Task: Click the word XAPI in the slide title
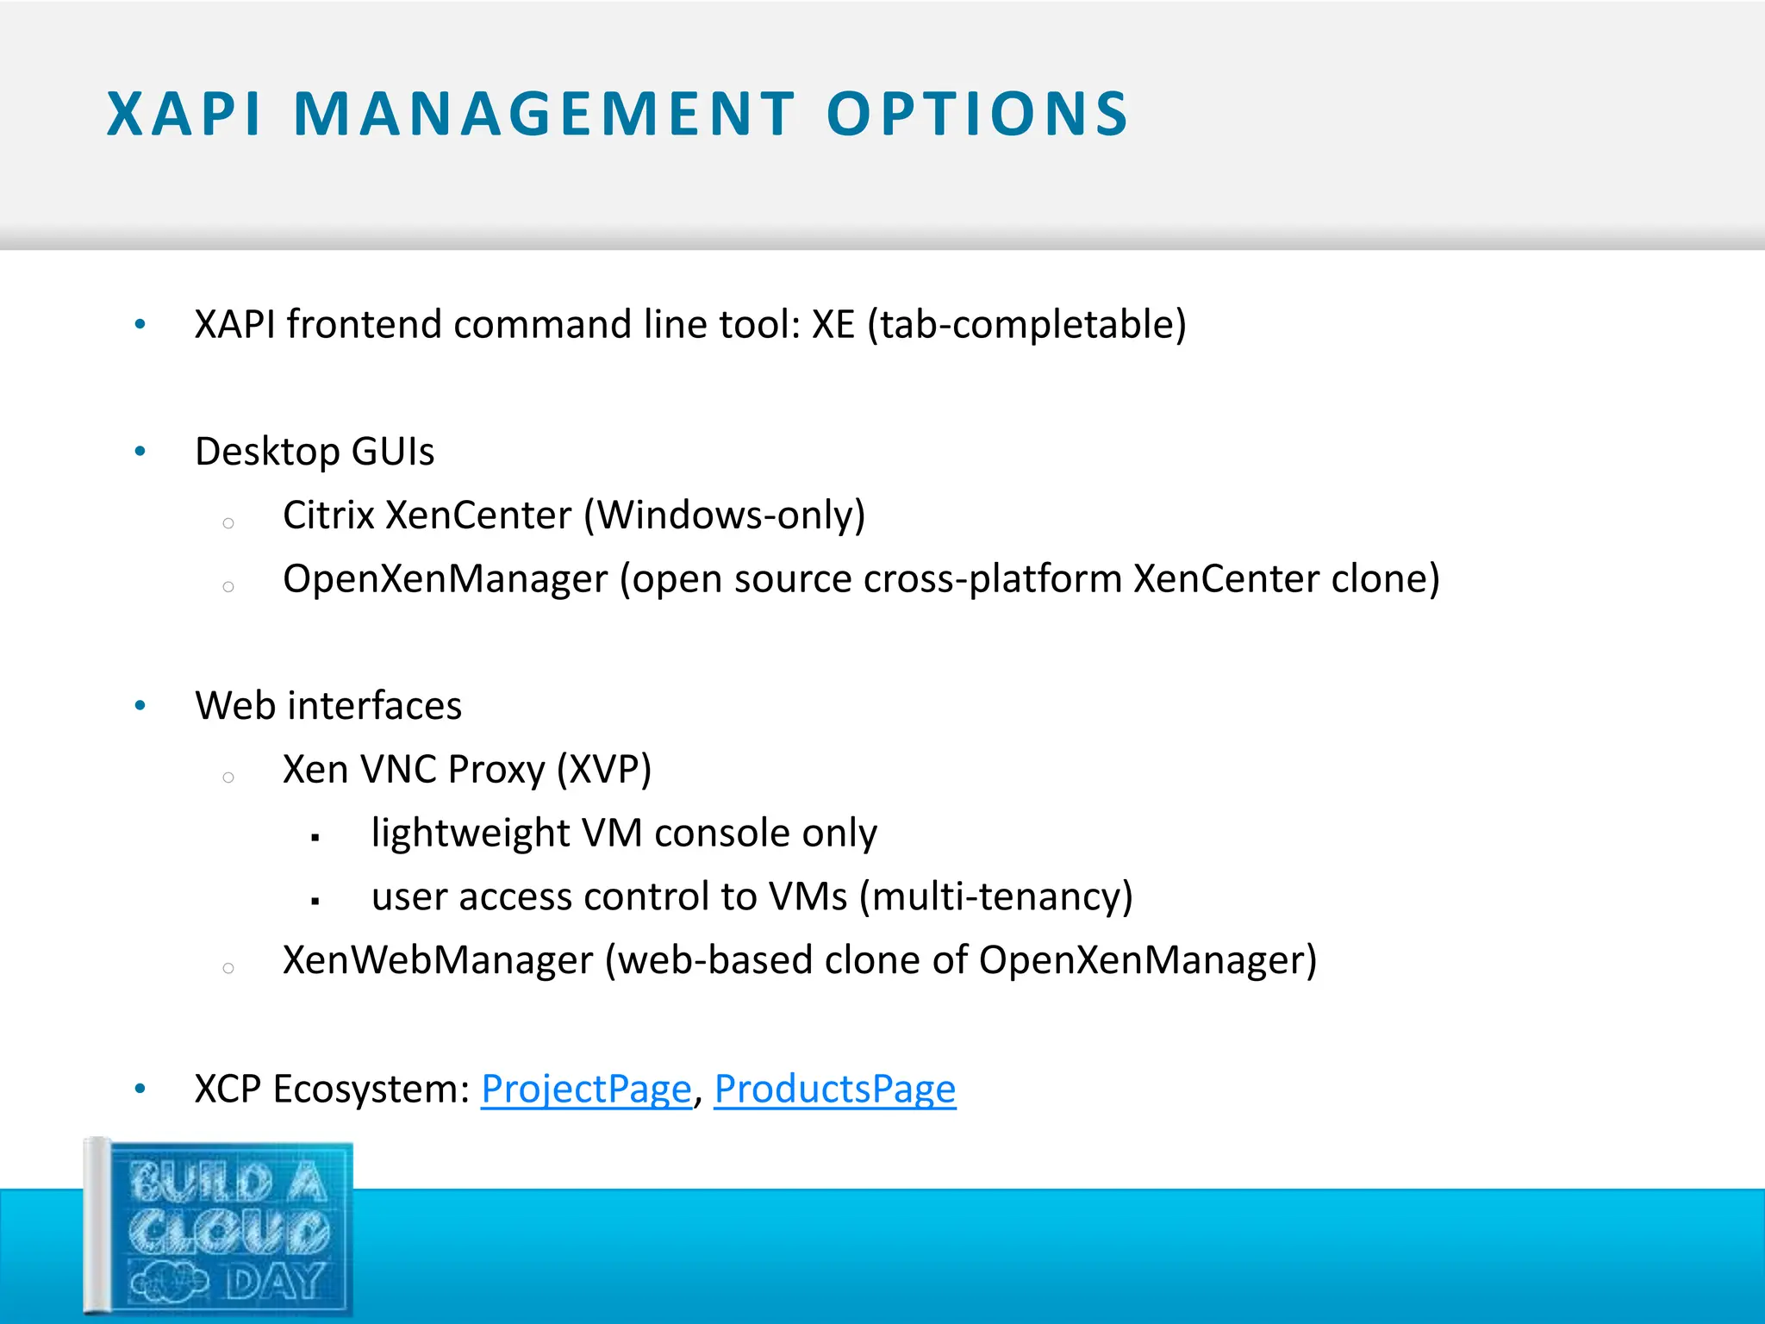point(184,114)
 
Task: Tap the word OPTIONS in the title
point(977,114)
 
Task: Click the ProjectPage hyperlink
point(586,1090)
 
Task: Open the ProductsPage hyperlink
point(835,1090)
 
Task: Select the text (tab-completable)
point(1026,325)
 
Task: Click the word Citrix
point(328,515)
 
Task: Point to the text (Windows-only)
point(724,515)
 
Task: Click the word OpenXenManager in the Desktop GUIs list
point(445,579)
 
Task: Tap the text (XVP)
point(603,770)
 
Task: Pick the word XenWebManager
point(438,960)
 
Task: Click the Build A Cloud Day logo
point(220,1228)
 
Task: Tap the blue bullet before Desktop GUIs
point(140,452)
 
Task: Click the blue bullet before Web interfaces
point(140,706)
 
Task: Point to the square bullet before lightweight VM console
point(315,837)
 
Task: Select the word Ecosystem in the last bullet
point(371,1090)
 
